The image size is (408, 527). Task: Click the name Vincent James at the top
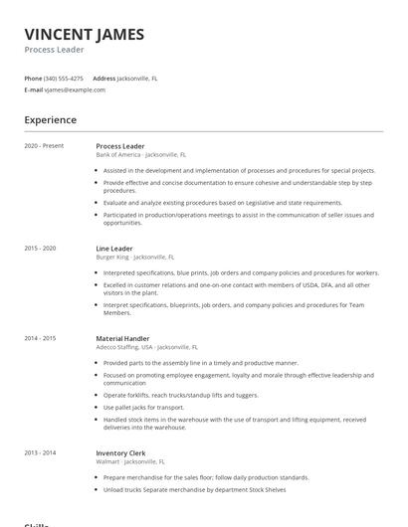84,34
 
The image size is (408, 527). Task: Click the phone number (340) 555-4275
64,78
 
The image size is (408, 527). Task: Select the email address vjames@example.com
75,89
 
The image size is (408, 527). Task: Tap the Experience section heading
50,120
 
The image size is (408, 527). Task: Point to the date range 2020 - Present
44,146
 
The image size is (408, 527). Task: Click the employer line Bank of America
140,155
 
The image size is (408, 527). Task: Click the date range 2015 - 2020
41,248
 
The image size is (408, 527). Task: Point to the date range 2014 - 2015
41,338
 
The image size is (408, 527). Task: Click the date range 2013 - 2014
41,452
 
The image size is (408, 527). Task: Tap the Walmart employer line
130,461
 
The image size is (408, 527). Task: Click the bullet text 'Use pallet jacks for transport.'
143,407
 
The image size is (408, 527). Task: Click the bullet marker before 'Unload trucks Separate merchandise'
98,489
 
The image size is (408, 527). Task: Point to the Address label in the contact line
104,78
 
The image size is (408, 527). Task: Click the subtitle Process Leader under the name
55,50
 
